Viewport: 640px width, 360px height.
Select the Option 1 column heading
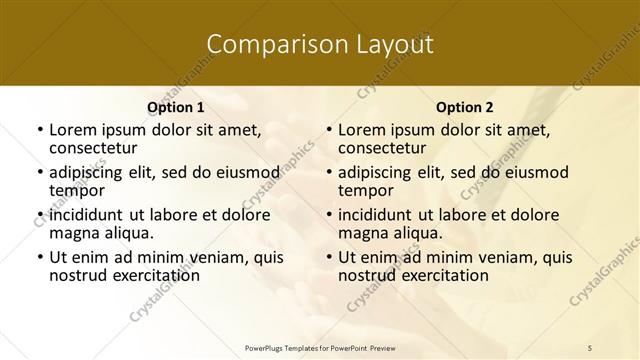[x=175, y=106]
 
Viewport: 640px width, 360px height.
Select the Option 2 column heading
[x=464, y=106]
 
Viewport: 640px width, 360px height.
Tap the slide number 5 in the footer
[x=590, y=347]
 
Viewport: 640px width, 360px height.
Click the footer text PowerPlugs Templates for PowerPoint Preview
[x=319, y=347]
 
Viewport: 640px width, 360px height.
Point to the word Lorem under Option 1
[x=72, y=129]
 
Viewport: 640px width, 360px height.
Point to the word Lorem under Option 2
[x=361, y=129]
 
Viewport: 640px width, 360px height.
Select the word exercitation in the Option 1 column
[x=155, y=275]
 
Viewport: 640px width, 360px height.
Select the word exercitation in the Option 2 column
[x=444, y=275]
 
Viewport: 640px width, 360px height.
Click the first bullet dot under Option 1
[x=39, y=130]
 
